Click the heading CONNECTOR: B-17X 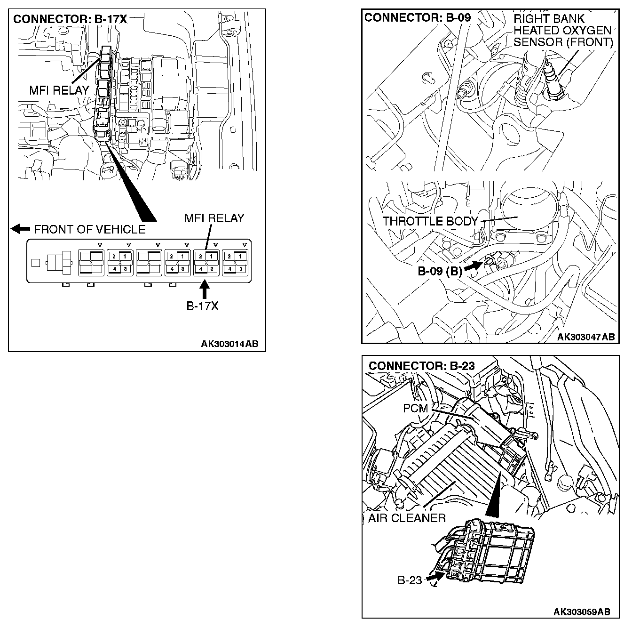pyautogui.click(x=70, y=19)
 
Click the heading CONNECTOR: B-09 pyautogui.click(x=417, y=18)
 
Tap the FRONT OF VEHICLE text pyautogui.click(x=90, y=229)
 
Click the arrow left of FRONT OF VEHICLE pyautogui.click(x=20, y=229)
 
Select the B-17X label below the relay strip pyautogui.click(x=203, y=306)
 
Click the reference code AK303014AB pyautogui.click(x=229, y=344)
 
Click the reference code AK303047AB pyautogui.click(x=586, y=337)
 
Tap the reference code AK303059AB pyautogui.click(x=582, y=612)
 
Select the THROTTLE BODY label pyautogui.click(x=430, y=221)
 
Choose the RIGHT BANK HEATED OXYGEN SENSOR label pyautogui.click(x=563, y=31)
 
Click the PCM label pyautogui.click(x=415, y=408)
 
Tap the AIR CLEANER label pyautogui.click(x=407, y=518)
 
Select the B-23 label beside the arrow pyautogui.click(x=410, y=580)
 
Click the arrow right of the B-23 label pyautogui.click(x=435, y=576)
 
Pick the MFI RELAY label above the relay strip pyautogui.click(x=214, y=218)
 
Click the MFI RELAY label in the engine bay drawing pyautogui.click(x=59, y=90)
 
